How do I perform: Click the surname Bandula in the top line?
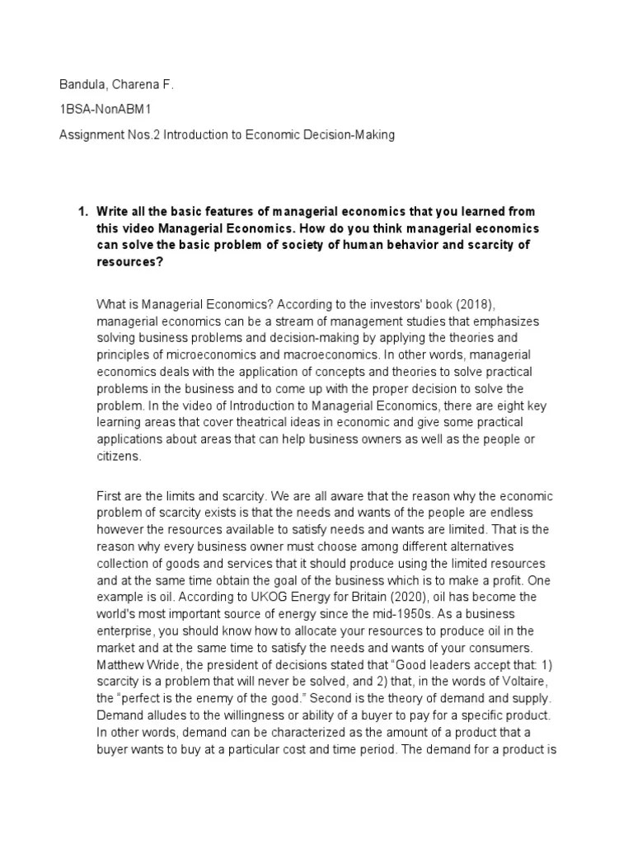(84, 85)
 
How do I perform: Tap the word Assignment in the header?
(90, 134)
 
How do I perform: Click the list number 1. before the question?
(82, 212)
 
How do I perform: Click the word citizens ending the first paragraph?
(118, 456)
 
